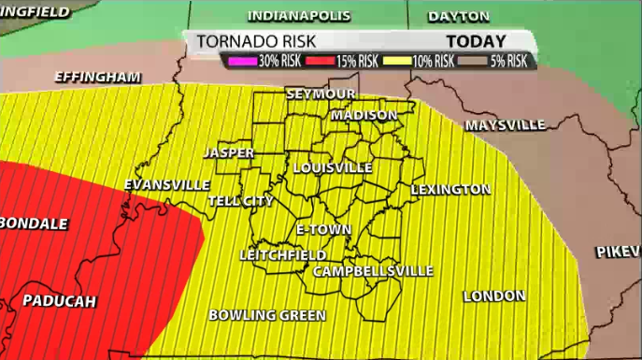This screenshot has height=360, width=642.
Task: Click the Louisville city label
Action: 333,167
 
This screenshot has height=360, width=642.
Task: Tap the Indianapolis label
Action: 298,16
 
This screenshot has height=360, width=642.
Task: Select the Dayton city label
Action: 458,16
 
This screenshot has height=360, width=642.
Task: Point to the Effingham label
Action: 97,77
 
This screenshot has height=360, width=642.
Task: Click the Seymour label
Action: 321,95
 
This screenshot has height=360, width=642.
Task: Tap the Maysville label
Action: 505,124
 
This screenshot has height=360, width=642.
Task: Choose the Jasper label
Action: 229,151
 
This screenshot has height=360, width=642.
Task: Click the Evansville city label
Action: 166,184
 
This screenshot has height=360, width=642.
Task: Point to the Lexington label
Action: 450,190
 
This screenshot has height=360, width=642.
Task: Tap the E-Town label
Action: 322,229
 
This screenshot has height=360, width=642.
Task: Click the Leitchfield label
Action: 283,254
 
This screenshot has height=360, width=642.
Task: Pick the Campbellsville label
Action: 373,271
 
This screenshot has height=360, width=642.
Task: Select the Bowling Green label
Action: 267,315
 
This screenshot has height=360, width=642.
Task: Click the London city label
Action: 494,296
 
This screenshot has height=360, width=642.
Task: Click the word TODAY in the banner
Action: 476,41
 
